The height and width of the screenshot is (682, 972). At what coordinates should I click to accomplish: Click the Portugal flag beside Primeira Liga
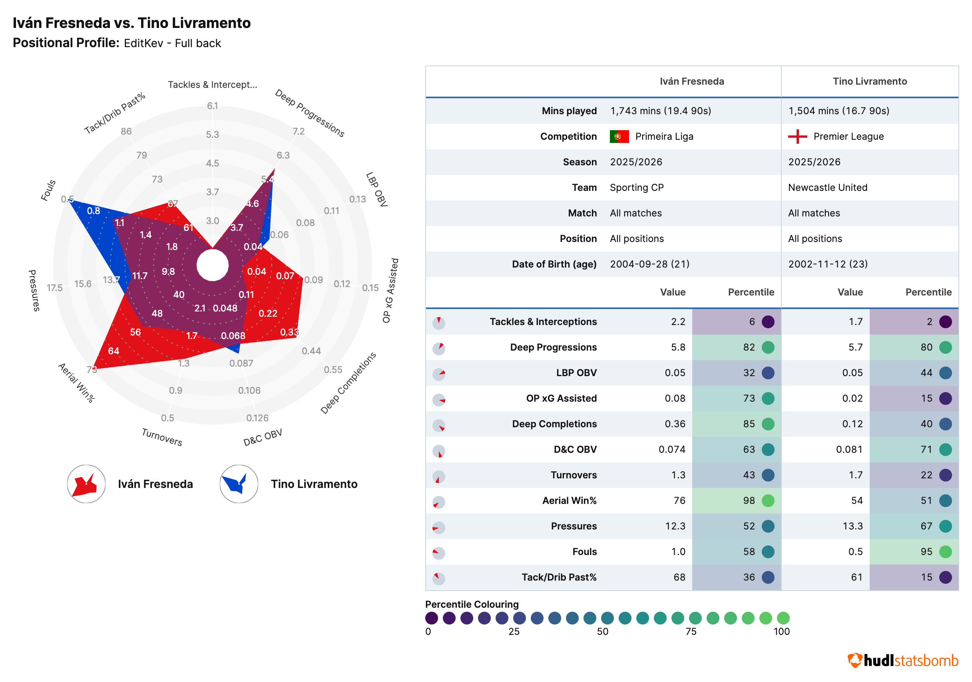coord(619,137)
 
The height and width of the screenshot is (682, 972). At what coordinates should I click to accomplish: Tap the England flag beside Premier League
coord(798,137)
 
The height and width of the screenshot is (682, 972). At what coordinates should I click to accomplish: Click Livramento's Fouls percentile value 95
coord(926,552)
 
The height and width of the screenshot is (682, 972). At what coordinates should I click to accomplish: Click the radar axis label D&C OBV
coord(263,438)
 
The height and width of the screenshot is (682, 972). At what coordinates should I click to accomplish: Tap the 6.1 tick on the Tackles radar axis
coord(213,106)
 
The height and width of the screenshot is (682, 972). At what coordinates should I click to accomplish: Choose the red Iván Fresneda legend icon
coord(86,484)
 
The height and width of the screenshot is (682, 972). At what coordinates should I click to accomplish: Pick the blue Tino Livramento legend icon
coord(239,484)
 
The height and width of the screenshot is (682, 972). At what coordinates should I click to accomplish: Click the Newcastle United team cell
coord(828,188)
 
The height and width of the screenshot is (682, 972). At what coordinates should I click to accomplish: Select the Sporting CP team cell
coord(637,188)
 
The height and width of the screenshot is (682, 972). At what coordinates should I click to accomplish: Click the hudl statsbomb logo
coord(902,660)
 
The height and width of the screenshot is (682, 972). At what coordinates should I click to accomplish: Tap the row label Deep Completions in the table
coord(554,424)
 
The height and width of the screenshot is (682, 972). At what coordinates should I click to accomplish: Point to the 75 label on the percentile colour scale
coord(691,632)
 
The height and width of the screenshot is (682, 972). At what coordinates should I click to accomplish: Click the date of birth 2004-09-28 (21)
coord(649,264)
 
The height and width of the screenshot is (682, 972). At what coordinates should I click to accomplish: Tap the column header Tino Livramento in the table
coord(870,81)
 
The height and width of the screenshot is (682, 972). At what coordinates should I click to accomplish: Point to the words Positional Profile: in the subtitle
coord(66,43)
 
